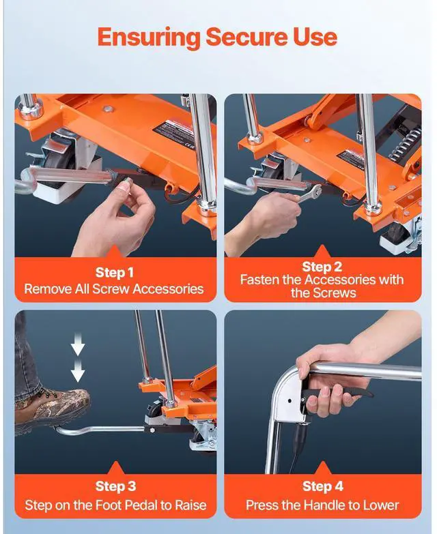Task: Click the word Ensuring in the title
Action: coord(149,38)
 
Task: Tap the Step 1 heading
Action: coord(114,273)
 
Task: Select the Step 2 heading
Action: coord(322,267)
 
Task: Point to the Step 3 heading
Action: coord(115,486)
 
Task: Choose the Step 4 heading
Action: coord(323,486)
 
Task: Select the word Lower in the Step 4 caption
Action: coord(382,505)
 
